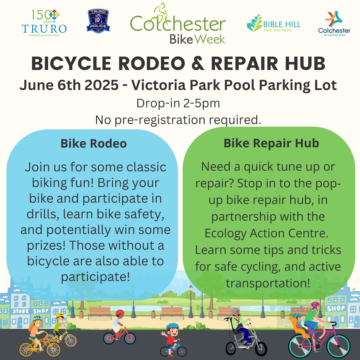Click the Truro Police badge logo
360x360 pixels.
pos(98,21)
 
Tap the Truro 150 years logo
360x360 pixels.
pos(44,23)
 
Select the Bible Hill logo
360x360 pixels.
pos(273,23)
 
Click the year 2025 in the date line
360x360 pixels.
pos(101,85)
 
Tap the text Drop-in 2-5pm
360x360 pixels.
pos(178,103)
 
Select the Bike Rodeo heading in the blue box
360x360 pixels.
pos(94,143)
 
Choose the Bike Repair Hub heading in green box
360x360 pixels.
pos(271,143)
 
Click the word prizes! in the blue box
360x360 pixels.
pos(46,245)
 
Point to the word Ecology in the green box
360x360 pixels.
pos(225,233)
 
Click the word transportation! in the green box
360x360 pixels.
pos(268,283)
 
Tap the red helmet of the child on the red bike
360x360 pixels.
pos(120,312)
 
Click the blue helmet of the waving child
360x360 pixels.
pos(172,326)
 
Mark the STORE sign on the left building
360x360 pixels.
pos(21,311)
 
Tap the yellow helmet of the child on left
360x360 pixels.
pos(60,315)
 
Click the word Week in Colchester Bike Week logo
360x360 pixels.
pos(210,39)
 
